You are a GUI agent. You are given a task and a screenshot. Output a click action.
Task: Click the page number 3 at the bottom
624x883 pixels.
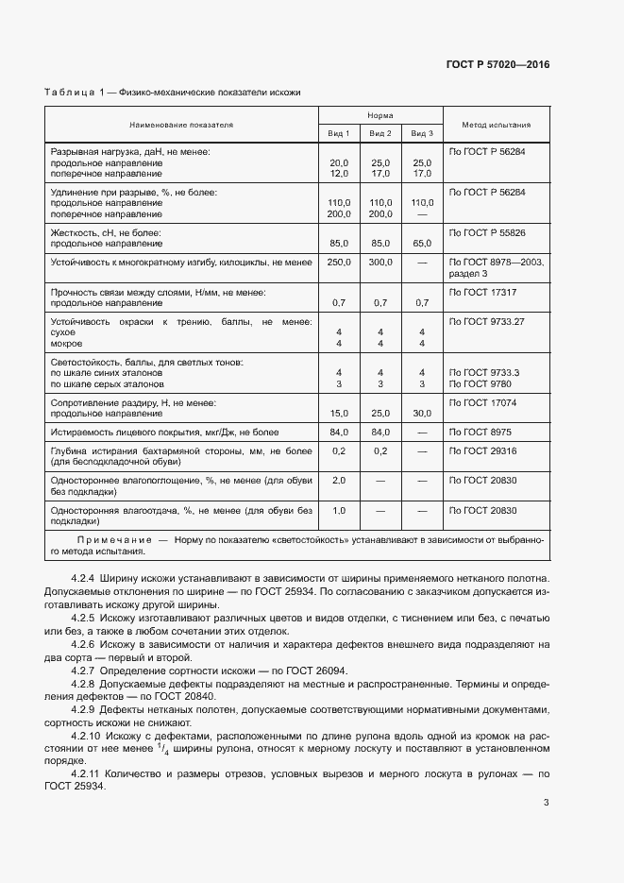(x=546, y=803)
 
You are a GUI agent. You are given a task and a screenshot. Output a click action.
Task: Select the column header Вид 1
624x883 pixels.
(x=339, y=134)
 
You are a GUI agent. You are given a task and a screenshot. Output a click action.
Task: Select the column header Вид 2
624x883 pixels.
(x=380, y=134)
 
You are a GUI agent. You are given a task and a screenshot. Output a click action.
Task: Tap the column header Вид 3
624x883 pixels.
(x=422, y=134)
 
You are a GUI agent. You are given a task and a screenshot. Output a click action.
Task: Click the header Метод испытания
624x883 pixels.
(x=496, y=125)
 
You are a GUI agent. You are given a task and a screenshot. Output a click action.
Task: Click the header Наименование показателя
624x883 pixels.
(x=181, y=125)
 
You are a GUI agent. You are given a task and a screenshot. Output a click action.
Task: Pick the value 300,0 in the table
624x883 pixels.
(x=380, y=262)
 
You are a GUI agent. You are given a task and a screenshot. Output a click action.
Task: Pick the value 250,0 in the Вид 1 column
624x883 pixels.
(x=339, y=262)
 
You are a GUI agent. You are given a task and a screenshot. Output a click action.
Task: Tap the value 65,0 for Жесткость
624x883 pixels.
(x=422, y=243)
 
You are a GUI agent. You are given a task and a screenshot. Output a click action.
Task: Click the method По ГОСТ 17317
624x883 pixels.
(x=482, y=292)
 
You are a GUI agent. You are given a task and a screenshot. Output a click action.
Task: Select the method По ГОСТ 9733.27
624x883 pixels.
(x=486, y=322)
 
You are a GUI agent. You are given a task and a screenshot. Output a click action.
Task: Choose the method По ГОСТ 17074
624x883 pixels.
(x=482, y=403)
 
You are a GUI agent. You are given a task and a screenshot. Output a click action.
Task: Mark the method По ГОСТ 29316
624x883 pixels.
(x=482, y=451)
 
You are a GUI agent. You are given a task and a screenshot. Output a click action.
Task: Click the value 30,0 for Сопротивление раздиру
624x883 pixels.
(x=422, y=414)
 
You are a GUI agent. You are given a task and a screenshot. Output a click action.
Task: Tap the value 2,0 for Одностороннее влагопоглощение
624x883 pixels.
(x=339, y=481)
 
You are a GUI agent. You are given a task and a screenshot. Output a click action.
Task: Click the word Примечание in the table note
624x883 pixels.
(x=115, y=539)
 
